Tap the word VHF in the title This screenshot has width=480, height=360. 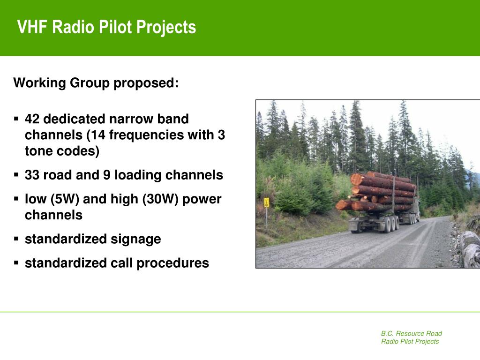click(x=32, y=27)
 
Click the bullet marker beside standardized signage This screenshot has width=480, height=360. click(x=16, y=239)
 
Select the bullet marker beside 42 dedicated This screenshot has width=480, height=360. click(x=16, y=119)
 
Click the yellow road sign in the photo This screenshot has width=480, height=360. click(x=267, y=202)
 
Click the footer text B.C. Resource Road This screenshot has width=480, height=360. click(x=412, y=333)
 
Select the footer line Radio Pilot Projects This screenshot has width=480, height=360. click(x=410, y=341)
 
